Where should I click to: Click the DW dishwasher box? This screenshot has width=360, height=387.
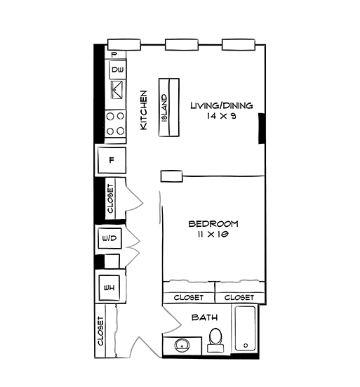pyautogui.click(x=116, y=70)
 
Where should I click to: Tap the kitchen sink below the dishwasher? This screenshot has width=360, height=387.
pyautogui.click(x=116, y=91)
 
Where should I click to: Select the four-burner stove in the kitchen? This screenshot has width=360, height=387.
pyautogui.click(x=116, y=124)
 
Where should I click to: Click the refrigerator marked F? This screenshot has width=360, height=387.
pyautogui.click(x=111, y=160)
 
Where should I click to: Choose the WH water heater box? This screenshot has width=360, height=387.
pyautogui.click(x=109, y=287)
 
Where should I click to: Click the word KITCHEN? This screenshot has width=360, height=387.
pyautogui.click(x=143, y=110)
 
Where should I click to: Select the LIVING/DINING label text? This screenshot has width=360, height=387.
pyautogui.click(x=221, y=106)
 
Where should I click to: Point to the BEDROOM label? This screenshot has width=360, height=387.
pyautogui.click(x=213, y=224)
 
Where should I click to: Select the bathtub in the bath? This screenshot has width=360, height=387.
pyautogui.click(x=246, y=329)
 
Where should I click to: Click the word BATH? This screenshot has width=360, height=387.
pyautogui.click(x=204, y=317)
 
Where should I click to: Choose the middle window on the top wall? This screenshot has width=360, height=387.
pyautogui.click(x=178, y=45)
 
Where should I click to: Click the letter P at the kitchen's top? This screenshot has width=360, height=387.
pyautogui.click(x=114, y=54)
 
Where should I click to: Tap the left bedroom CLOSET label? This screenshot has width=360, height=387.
pyautogui.click(x=188, y=298)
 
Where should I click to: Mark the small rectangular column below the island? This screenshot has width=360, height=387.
pyautogui.click(x=171, y=175)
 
